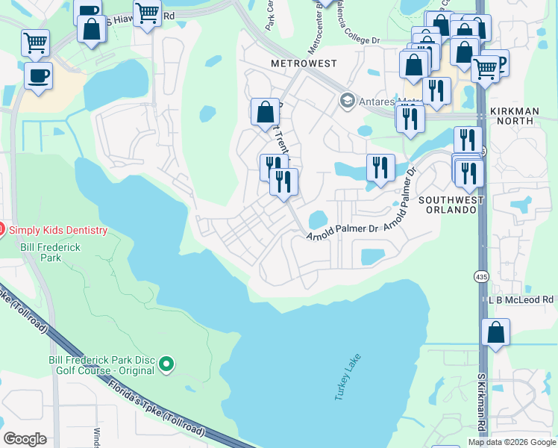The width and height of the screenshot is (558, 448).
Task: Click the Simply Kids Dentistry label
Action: coord(57,230)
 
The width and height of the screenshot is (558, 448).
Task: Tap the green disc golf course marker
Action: coord(167,364)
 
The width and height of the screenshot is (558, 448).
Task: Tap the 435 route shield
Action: coord(479,276)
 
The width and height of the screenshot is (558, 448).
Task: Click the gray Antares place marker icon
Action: coord(346,100)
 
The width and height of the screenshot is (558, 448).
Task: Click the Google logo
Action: coord(25,438)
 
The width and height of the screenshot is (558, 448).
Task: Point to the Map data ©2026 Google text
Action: coord(511,442)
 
